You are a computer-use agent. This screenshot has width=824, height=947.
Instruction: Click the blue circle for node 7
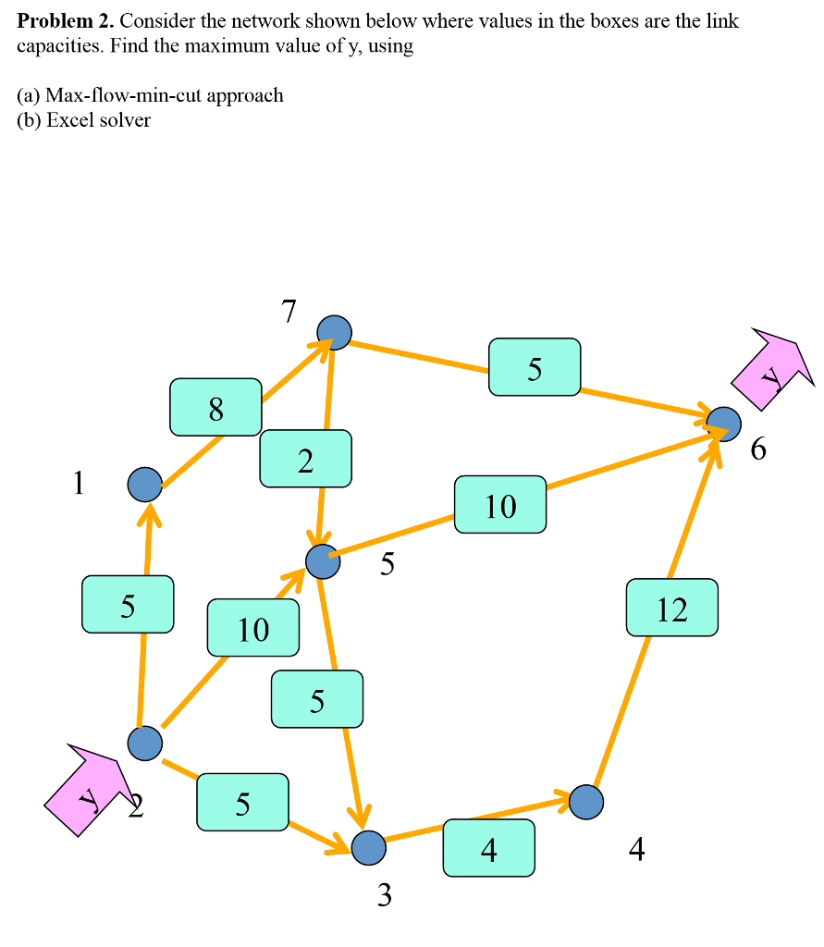click(x=334, y=331)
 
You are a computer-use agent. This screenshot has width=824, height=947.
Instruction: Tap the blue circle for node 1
click(x=144, y=484)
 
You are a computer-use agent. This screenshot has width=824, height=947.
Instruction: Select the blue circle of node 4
click(x=586, y=801)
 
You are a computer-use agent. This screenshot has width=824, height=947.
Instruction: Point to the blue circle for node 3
click(x=368, y=847)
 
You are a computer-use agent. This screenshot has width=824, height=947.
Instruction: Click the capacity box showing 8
click(x=215, y=407)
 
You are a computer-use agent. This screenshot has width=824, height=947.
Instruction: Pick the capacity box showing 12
click(x=671, y=608)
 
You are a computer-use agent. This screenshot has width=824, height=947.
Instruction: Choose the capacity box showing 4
click(x=488, y=848)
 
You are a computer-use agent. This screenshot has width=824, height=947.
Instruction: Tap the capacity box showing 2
click(x=305, y=459)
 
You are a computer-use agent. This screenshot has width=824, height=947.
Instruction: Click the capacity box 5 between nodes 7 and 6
click(x=535, y=367)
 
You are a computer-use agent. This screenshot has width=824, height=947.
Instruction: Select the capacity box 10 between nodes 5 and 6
click(x=500, y=504)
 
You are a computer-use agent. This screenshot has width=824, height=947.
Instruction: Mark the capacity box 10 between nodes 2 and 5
click(x=252, y=628)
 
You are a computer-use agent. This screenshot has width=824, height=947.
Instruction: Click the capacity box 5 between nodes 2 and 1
click(x=127, y=604)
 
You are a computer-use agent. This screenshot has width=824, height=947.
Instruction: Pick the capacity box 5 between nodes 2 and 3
click(x=242, y=803)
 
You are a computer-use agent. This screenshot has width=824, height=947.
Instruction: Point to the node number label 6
click(x=758, y=449)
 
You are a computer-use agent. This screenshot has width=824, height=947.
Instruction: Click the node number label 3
click(x=385, y=894)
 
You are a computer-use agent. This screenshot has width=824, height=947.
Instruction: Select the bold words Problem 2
click(x=64, y=20)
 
